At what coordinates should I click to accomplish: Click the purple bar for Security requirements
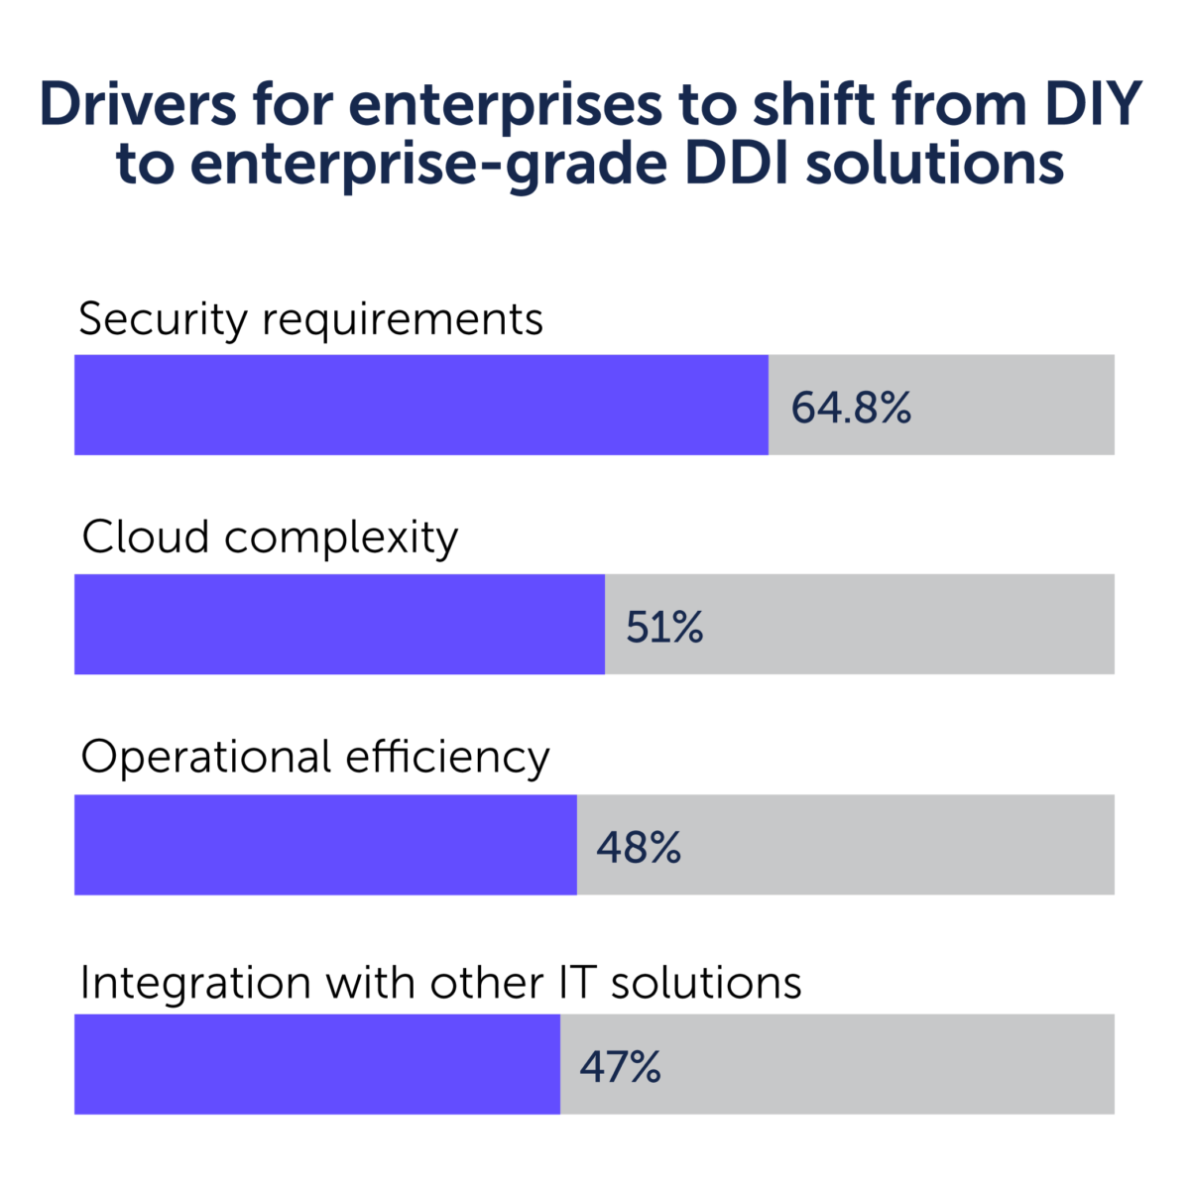[420, 405]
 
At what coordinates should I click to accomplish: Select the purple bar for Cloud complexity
[339, 624]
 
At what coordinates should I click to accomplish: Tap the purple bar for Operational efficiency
[325, 844]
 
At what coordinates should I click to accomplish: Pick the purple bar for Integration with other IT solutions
[316, 1063]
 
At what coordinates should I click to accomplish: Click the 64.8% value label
[851, 408]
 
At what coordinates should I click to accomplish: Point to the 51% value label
[664, 627]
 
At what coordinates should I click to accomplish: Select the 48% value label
[639, 847]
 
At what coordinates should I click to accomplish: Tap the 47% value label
[621, 1067]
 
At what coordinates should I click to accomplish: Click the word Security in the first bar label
[163, 320]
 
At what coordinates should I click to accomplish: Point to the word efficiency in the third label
[447, 759]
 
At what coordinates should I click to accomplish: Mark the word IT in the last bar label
[569, 983]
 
